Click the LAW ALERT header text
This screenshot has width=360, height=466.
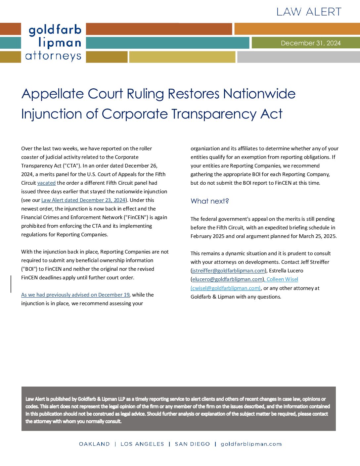pos(309,12)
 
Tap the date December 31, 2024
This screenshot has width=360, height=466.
pos(310,43)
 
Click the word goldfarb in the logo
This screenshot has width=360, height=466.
pos(55,30)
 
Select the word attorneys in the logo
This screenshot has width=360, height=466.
pos(53,56)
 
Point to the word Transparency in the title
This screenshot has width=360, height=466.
pos(213,114)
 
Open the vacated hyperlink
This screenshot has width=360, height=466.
pos(46,183)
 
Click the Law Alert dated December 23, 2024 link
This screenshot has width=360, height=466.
pos(83,200)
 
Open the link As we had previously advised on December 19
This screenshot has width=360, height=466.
pos(75,295)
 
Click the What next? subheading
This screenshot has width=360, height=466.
pos(210,201)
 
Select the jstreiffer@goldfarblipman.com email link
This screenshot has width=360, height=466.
pos(228,271)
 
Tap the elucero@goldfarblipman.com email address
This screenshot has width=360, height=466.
pos(227,279)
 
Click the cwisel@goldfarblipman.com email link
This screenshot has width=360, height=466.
pos(225,288)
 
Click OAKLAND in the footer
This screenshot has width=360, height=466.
pos(94,444)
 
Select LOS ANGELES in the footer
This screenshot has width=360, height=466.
pos(142,444)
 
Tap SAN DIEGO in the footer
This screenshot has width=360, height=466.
pos(192,444)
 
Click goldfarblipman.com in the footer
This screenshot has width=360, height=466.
pos(251,444)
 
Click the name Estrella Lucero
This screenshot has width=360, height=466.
pos(286,271)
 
